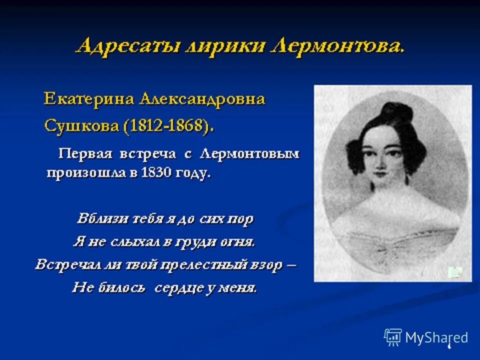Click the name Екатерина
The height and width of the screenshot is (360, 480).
(89, 98)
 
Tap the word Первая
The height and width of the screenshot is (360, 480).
(86, 153)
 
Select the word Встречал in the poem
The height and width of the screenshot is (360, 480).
(65, 264)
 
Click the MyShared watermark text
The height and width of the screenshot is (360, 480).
(436, 337)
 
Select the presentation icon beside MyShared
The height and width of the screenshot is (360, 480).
(393, 337)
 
